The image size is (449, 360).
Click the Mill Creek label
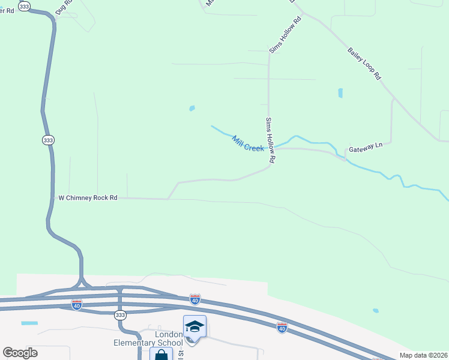[x=248, y=143]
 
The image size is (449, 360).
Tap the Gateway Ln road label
[x=366, y=148]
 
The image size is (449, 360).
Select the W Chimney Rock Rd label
[x=87, y=197]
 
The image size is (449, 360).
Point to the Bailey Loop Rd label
[x=364, y=64]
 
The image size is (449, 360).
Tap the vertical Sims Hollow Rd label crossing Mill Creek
[x=270, y=140]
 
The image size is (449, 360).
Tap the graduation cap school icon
[x=194, y=327]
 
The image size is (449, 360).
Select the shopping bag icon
[x=161, y=355]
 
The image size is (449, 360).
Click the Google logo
[x=20, y=353]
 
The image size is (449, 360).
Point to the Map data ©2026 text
[x=423, y=355]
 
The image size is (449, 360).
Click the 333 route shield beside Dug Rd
[x=25, y=6]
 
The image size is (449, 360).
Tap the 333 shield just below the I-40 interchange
[x=121, y=314]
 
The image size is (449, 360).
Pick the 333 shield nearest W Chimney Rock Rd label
[x=47, y=140]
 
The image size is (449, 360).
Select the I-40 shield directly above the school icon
[x=194, y=298]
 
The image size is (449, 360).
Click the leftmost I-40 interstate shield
[x=76, y=304]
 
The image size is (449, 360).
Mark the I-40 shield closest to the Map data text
[x=282, y=327]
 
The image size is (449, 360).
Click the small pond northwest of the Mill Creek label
[x=192, y=109]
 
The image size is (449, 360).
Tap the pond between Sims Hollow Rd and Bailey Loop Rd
[x=340, y=93]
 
